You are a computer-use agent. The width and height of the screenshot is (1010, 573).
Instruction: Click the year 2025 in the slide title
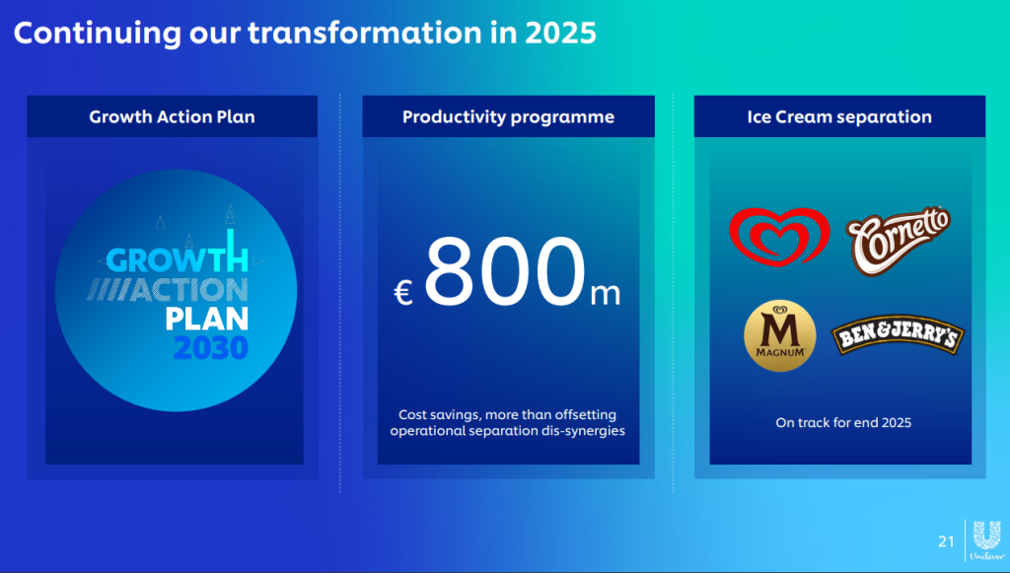coord(560,33)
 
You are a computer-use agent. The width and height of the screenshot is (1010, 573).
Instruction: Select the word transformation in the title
coord(365,33)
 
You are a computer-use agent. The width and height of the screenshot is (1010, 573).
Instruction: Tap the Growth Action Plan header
coord(172,116)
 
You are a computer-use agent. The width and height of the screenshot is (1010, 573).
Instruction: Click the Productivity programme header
coord(508,117)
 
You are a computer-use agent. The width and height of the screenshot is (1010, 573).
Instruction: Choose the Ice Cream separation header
coord(839,117)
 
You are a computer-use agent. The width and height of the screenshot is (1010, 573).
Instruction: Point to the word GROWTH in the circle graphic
coord(178,258)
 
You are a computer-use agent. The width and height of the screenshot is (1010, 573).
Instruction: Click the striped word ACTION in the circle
coord(168,290)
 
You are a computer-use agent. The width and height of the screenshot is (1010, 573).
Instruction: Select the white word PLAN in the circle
coord(207,319)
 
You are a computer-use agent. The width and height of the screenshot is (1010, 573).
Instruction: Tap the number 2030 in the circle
coord(211,348)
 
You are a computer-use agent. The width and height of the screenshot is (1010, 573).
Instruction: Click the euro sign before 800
coord(403,293)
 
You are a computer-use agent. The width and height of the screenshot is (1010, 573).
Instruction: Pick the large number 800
coord(506,271)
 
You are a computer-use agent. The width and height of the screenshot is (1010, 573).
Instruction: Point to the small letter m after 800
coord(606,294)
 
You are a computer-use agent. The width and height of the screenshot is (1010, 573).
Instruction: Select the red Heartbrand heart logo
coord(779,237)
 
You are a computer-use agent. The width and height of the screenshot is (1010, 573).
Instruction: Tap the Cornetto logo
coord(898,240)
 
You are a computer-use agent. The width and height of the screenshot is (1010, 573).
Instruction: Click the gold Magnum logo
coord(780,335)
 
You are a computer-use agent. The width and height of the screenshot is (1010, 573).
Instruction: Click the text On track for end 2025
coord(843,423)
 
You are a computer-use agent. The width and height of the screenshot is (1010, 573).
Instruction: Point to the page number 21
coord(946,541)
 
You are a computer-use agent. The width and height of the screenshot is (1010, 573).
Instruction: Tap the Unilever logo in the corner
coord(986,540)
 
